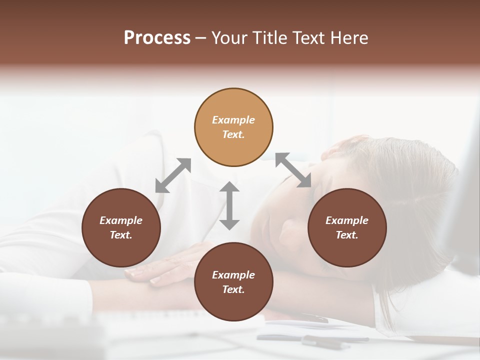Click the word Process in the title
(x=157, y=38)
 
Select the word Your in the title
(x=228, y=38)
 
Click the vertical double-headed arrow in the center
(x=229, y=205)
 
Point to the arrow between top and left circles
(x=173, y=175)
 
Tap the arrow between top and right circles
(x=293, y=170)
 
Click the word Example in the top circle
(x=233, y=120)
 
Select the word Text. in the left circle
(x=121, y=235)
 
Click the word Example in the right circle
(x=347, y=220)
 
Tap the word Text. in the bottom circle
(x=233, y=289)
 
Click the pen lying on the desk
(x=325, y=342)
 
